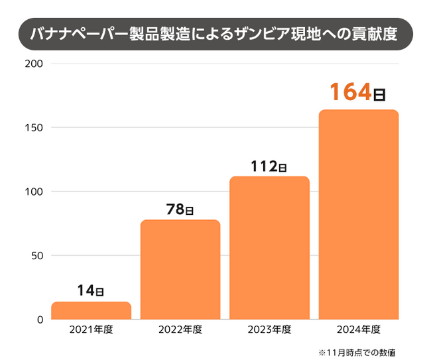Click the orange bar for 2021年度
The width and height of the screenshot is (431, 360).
[x=91, y=310]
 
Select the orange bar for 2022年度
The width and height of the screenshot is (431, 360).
[x=180, y=269]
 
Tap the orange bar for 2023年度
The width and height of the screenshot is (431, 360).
[x=269, y=247]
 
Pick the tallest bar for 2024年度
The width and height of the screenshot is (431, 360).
[x=359, y=214]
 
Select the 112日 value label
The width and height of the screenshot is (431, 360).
[x=269, y=166]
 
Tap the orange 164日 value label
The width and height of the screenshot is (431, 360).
[x=358, y=92]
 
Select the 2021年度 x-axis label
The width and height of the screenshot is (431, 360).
[x=91, y=330]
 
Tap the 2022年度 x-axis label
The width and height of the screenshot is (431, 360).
[x=180, y=330]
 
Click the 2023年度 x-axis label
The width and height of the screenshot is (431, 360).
[x=269, y=330]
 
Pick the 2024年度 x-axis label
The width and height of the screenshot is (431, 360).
[x=359, y=330]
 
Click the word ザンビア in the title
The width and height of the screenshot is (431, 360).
[x=271, y=34]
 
